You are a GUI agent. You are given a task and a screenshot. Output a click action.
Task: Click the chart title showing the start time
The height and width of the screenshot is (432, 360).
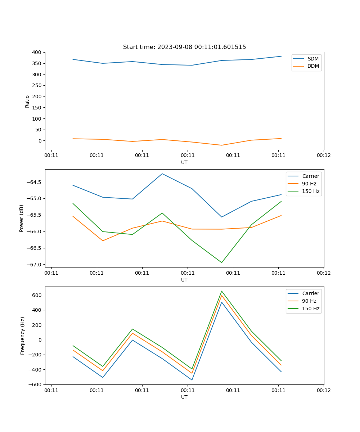pyautogui.click(x=184, y=47)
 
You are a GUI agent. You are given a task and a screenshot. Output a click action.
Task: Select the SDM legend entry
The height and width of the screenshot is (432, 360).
pyautogui.click(x=313, y=59)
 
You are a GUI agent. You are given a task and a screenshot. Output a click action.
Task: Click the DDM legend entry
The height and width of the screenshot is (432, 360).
pyautogui.click(x=313, y=66)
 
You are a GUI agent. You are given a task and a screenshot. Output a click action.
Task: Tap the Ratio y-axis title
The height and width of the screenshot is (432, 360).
pyautogui.click(x=27, y=101)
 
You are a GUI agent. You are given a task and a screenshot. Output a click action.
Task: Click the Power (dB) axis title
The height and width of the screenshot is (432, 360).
pyautogui.click(x=22, y=218)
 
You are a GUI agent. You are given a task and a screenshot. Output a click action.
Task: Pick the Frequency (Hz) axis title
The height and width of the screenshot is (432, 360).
pyautogui.click(x=23, y=336)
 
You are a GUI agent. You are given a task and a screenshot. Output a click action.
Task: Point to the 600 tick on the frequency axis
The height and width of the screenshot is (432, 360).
pyautogui.click(x=37, y=295)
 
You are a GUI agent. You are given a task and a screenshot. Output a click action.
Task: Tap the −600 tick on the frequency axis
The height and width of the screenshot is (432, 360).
pyautogui.click(x=36, y=384)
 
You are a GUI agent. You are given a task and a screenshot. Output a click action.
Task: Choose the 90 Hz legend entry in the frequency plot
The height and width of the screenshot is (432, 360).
pyautogui.click(x=309, y=301)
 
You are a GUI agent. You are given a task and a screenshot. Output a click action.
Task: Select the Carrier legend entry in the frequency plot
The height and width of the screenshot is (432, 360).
pyautogui.click(x=310, y=293)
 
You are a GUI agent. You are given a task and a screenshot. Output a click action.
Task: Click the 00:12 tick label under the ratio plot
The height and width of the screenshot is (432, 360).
pyautogui.click(x=324, y=156)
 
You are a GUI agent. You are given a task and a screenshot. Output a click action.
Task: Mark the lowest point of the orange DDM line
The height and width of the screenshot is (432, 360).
pyautogui.click(x=221, y=145)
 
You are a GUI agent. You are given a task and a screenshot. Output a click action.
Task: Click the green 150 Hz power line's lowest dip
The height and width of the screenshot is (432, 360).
pyautogui.click(x=221, y=262)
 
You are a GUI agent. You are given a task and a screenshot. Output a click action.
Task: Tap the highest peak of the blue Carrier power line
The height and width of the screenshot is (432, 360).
pyautogui.click(x=162, y=174)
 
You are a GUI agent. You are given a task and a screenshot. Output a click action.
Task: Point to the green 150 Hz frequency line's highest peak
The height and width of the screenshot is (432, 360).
pyautogui.click(x=222, y=291)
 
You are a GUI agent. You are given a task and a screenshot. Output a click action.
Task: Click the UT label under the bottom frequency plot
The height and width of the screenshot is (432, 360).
pyautogui.click(x=184, y=397)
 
